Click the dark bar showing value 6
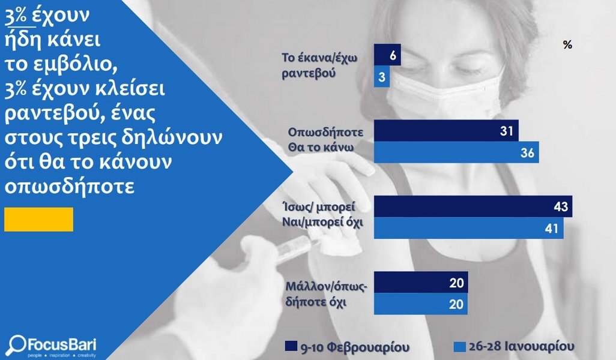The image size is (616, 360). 387,55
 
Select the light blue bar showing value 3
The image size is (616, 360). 381,76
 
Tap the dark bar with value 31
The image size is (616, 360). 446,130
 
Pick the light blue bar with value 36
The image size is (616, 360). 456,152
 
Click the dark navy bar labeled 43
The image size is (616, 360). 473,206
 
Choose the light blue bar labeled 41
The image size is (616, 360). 468,227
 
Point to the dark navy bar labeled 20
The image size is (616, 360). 421,282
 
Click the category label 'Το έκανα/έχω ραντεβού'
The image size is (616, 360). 319,65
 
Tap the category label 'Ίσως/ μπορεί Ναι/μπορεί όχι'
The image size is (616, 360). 322,214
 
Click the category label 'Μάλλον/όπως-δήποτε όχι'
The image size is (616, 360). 325,295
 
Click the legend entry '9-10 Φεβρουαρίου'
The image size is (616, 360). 347,347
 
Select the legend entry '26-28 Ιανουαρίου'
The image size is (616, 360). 514,347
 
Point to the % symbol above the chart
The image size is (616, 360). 567,45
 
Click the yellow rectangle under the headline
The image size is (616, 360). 38,220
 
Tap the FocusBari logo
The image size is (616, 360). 53,346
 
